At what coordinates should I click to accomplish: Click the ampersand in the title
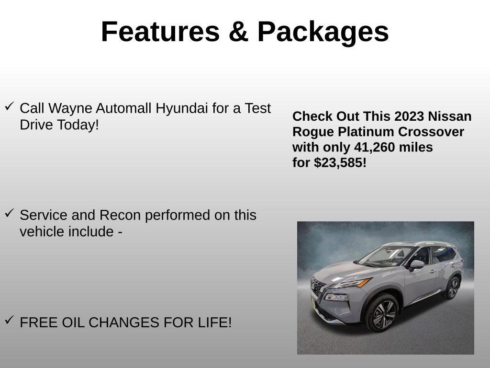click(238, 32)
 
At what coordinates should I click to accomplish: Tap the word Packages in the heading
click(323, 32)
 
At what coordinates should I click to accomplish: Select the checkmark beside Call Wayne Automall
click(9, 106)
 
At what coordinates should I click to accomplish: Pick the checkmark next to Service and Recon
click(9, 214)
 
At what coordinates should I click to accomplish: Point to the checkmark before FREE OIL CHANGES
click(9, 321)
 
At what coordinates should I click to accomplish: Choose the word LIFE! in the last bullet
click(213, 322)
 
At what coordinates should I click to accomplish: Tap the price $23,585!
click(340, 162)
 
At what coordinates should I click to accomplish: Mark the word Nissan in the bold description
click(450, 116)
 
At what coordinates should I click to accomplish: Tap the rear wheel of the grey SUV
click(452, 287)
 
